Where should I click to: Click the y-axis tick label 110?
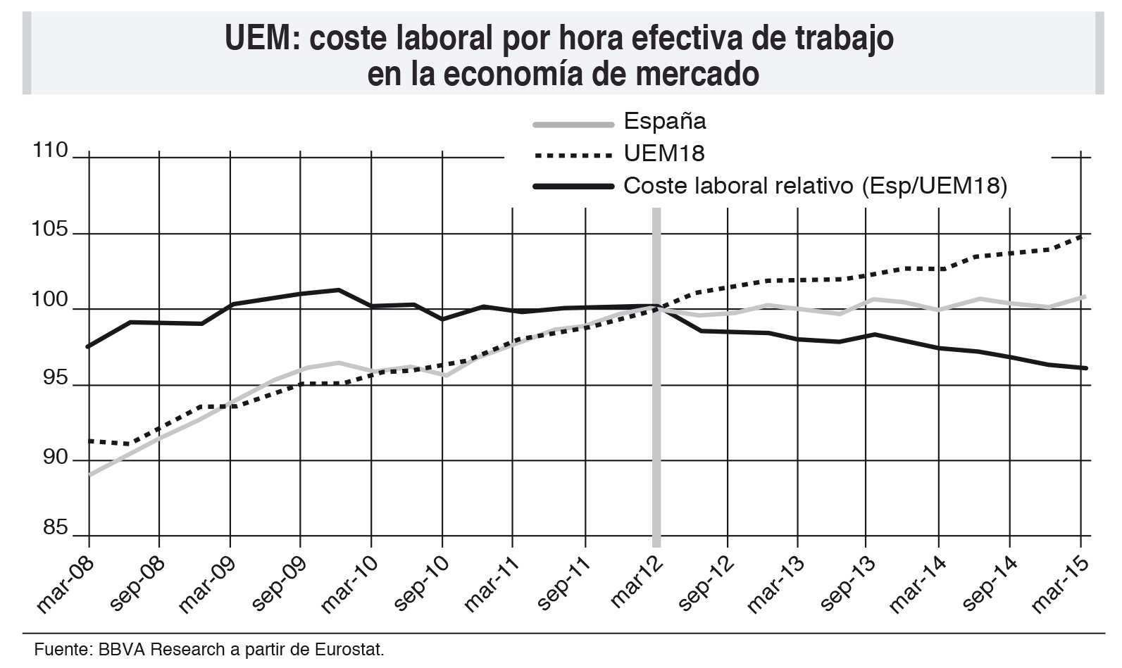coord(50,151)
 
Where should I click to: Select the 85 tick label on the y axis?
coord(55,528)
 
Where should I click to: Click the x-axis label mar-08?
coord(63,584)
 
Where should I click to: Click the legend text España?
coord(664,122)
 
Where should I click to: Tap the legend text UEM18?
coord(663,153)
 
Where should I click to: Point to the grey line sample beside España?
coord(573,125)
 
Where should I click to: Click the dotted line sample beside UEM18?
coord(573,155)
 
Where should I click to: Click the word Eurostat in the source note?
coord(353,648)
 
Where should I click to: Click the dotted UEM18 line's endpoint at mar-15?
coord(1082,236)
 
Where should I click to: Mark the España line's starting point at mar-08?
coord(89,475)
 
